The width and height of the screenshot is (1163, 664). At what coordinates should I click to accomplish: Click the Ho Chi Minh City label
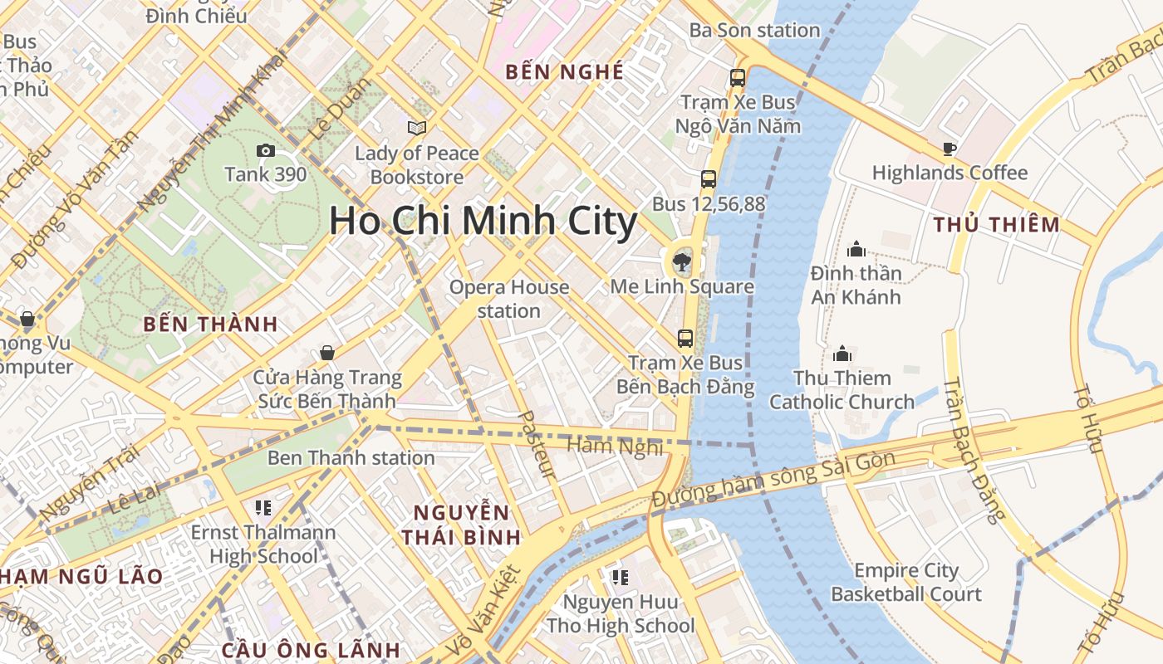click(x=483, y=222)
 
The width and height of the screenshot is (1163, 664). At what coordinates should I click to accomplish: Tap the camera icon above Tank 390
click(x=266, y=150)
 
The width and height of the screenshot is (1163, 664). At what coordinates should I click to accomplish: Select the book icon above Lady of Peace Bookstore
click(x=416, y=129)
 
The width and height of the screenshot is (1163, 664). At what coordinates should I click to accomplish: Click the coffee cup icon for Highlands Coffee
click(x=950, y=149)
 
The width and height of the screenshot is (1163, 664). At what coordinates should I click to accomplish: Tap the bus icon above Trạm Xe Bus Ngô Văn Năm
click(x=737, y=78)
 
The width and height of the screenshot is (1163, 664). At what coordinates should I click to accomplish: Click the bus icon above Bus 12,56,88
click(x=708, y=178)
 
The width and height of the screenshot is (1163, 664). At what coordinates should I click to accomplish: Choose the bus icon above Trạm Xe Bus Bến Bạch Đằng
click(x=685, y=339)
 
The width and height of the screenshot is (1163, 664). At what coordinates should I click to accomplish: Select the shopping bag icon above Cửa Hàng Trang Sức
click(x=327, y=354)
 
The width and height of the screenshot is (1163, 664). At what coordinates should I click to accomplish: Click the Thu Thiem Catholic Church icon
click(x=842, y=354)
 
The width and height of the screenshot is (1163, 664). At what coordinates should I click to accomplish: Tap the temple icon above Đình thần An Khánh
click(x=856, y=249)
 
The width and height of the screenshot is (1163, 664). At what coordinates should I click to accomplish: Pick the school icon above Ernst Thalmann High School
click(x=263, y=507)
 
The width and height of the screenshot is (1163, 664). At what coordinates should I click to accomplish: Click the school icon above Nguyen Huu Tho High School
click(x=620, y=577)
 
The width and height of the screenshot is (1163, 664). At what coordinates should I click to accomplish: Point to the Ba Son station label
click(x=754, y=31)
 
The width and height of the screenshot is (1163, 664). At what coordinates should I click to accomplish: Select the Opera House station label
click(x=509, y=299)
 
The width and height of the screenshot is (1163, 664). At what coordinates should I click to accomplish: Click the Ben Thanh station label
click(x=351, y=457)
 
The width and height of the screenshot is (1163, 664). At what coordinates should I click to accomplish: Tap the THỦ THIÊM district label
click(x=996, y=224)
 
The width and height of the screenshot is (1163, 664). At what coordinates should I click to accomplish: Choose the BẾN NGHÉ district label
click(x=565, y=72)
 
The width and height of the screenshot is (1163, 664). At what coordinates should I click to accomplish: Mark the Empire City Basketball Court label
click(x=906, y=583)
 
